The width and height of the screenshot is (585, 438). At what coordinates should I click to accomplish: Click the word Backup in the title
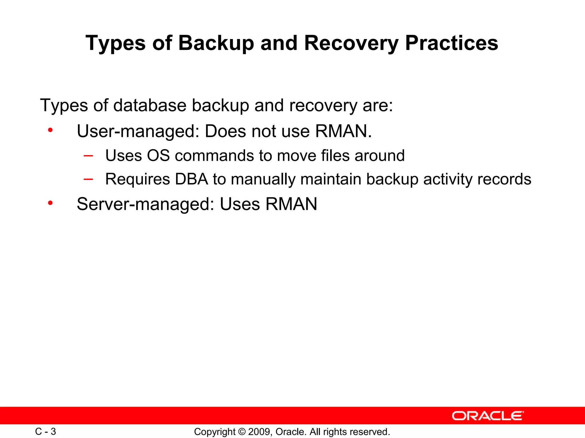[x=216, y=43]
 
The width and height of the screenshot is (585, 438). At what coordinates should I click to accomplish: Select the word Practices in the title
[x=452, y=43]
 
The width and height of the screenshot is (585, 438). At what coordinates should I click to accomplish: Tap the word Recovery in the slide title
[x=351, y=43]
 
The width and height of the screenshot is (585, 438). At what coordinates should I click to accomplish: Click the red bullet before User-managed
[x=51, y=130]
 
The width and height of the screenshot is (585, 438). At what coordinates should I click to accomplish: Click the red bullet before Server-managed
[x=51, y=203]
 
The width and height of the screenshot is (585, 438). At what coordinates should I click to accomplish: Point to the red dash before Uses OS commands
[x=88, y=156]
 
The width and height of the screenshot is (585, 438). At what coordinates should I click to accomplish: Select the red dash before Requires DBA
[x=88, y=179]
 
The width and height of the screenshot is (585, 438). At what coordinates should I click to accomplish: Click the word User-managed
[x=138, y=131]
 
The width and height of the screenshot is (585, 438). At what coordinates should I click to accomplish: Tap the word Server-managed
[x=145, y=204]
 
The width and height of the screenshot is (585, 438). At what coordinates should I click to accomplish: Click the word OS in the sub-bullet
[x=158, y=156]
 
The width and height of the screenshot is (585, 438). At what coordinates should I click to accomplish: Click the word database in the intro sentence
[x=150, y=105]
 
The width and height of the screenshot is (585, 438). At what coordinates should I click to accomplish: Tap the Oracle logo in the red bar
[x=488, y=416]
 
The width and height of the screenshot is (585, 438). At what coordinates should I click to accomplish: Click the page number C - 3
[x=45, y=431]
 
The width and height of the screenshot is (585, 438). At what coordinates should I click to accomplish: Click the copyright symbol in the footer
[x=242, y=432]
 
